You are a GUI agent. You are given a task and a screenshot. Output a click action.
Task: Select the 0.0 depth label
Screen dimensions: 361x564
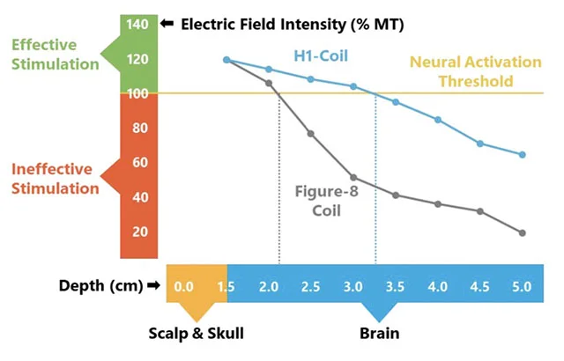click(x=184, y=287)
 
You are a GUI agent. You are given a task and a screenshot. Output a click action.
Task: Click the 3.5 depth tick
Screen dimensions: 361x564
click(x=397, y=287)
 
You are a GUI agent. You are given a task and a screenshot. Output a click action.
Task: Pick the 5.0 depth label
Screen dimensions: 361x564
click(x=522, y=287)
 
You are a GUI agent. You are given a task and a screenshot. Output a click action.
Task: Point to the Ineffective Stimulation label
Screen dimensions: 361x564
click(x=55, y=178)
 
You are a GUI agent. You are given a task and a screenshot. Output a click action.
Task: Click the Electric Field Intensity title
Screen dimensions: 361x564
click(x=271, y=25)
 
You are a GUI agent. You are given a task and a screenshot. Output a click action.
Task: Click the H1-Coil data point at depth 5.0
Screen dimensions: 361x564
click(x=523, y=155)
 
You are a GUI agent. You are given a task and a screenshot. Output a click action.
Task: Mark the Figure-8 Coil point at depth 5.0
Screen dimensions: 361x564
click(x=523, y=233)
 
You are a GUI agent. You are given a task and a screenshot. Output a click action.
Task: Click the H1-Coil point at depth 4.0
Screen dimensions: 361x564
click(x=438, y=120)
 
